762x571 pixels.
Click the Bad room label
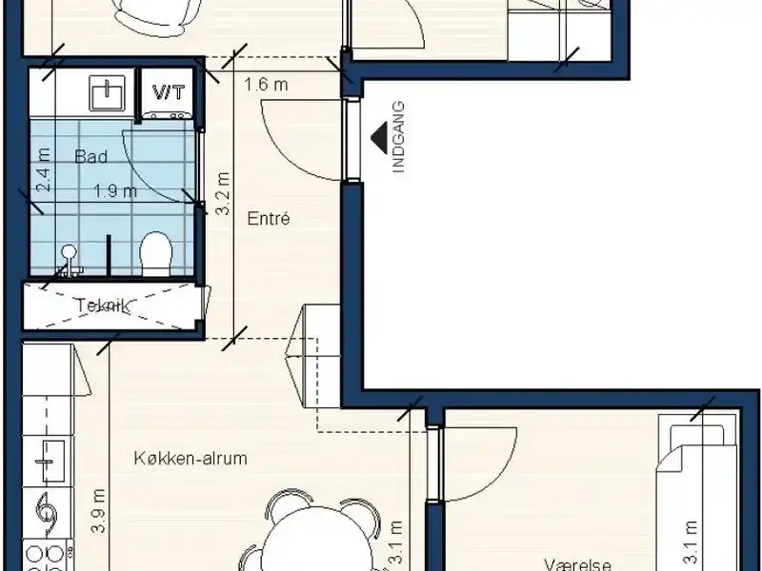pyautogui.click(x=90, y=157)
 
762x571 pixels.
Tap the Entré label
pyautogui.click(x=269, y=219)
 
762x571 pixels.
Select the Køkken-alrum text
pyautogui.click(x=190, y=458)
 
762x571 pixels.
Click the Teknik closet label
pyautogui.click(x=103, y=305)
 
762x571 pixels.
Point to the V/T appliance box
pyautogui.click(x=169, y=94)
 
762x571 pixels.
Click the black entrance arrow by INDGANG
pyautogui.click(x=378, y=137)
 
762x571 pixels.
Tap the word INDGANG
pyautogui.click(x=398, y=137)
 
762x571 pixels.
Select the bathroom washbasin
pyautogui.click(x=107, y=92)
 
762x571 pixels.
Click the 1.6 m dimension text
pyautogui.click(x=266, y=85)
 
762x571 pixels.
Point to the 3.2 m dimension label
pyautogui.click(x=223, y=194)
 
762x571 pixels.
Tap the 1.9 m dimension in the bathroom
pyautogui.click(x=115, y=191)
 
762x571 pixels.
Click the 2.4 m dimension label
pyautogui.click(x=44, y=169)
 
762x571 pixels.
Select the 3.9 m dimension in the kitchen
pyautogui.click(x=99, y=510)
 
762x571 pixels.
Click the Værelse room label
pyautogui.click(x=578, y=564)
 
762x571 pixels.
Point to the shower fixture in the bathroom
pyautogui.click(x=70, y=261)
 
